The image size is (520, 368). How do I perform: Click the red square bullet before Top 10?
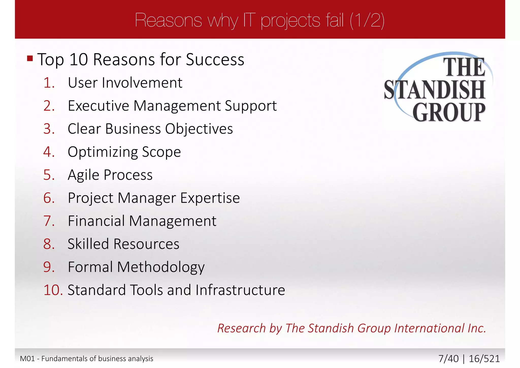[x=30, y=59]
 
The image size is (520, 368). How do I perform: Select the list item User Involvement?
[x=125, y=83]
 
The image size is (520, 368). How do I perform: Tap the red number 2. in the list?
[x=49, y=106]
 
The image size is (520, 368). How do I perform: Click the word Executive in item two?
[x=98, y=106]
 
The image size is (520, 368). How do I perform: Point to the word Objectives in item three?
[x=199, y=129]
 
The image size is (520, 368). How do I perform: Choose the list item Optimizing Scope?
[x=124, y=152]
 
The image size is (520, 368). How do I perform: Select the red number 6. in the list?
[x=49, y=198]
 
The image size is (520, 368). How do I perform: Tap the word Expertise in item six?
[x=210, y=198]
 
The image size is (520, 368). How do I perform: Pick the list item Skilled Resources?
[x=123, y=244]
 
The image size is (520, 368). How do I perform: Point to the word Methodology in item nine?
[x=161, y=267]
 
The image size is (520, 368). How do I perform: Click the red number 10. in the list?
[x=53, y=290]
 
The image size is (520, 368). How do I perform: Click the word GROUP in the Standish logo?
[x=449, y=112]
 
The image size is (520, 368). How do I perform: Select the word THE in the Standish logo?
[x=464, y=67]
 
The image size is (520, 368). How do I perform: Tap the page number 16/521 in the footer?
[x=484, y=359]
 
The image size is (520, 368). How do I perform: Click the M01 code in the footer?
[x=27, y=359]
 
